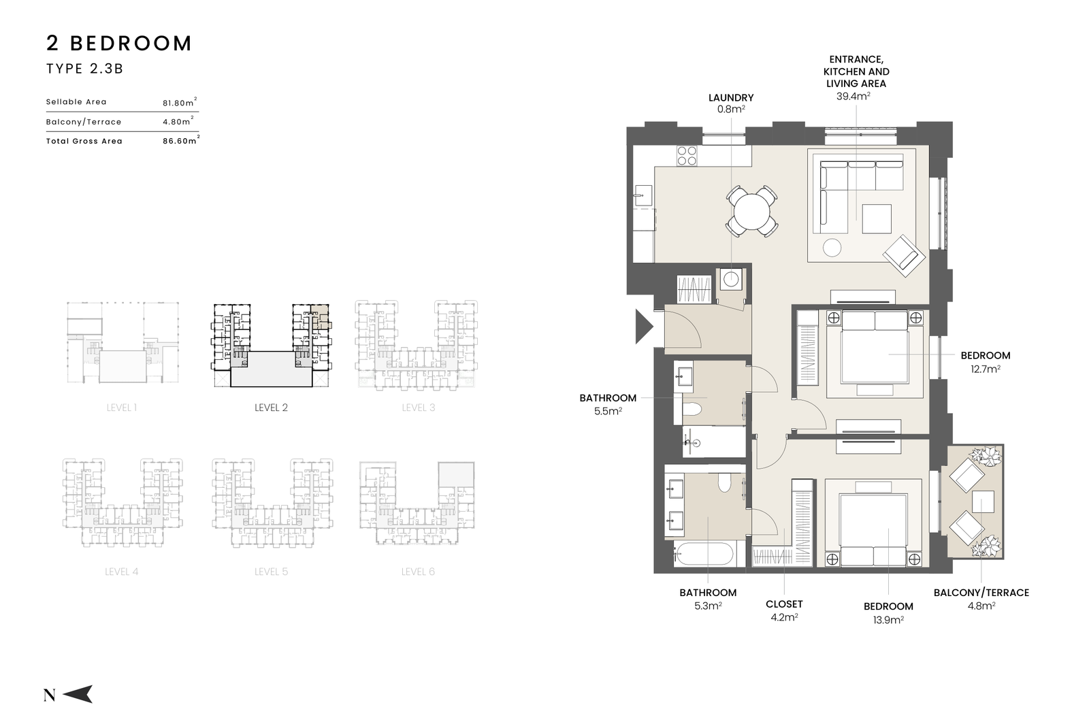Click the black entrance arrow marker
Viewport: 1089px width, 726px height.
click(643, 327)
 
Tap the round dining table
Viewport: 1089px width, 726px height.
click(751, 212)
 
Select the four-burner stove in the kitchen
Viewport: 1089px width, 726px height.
click(687, 156)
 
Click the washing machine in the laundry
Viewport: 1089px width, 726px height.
click(731, 280)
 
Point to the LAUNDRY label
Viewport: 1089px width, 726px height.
click(731, 98)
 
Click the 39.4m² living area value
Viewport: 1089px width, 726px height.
click(854, 96)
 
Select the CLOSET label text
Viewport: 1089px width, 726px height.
click(784, 604)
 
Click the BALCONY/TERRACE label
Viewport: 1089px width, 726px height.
click(981, 593)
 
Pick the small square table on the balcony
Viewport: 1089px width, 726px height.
click(983, 501)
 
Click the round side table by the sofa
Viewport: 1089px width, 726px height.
click(832, 248)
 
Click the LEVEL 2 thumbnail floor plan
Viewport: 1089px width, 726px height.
click(272, 345)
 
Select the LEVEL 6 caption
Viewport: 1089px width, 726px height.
click(418, 572)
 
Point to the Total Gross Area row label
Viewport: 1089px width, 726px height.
click(84, 141)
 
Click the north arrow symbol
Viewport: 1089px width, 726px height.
click(78, 694)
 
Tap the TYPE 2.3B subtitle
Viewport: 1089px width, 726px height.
click(85, 69)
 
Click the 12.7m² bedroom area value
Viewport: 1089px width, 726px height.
click(986, 369)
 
